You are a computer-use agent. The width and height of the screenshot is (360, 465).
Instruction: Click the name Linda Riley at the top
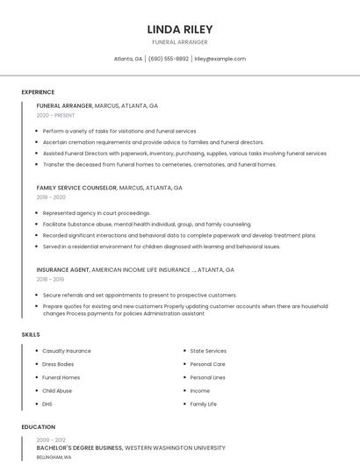[x=180, y=29]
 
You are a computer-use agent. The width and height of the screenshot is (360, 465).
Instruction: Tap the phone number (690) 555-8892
[x=169, y=59]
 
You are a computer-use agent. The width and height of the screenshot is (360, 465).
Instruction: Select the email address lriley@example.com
[x=220, y=59]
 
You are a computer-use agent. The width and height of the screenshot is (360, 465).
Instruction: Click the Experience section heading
[x=38, y=92]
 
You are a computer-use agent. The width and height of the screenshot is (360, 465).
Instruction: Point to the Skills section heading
[x=31, y=334]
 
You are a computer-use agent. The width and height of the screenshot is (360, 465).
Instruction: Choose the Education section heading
[x=39, y=427]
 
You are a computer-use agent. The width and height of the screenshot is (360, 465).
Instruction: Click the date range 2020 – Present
[x=55, y=115]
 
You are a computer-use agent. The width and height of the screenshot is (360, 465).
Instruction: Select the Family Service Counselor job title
[x=76, y=188]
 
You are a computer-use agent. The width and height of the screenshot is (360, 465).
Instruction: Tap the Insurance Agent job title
[x=63, y=270]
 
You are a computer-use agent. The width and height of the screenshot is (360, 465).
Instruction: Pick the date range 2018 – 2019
[x=50, y=280]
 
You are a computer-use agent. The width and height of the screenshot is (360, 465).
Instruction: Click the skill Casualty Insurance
[x=67, y=351]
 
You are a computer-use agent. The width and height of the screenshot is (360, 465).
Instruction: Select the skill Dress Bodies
[x=58, y=364]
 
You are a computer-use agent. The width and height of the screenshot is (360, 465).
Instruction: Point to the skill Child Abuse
[x=57, y=390]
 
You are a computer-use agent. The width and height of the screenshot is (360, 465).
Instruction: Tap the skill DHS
[x=47, y=404]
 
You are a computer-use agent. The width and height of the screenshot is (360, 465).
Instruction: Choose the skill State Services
[x=208, y=351]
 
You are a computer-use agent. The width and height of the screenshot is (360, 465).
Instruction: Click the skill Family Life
[x=204, y=404]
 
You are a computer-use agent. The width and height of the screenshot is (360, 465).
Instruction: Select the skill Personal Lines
[x=208, y=377]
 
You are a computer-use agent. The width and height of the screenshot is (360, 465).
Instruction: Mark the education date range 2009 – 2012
[x=51, y=440]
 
